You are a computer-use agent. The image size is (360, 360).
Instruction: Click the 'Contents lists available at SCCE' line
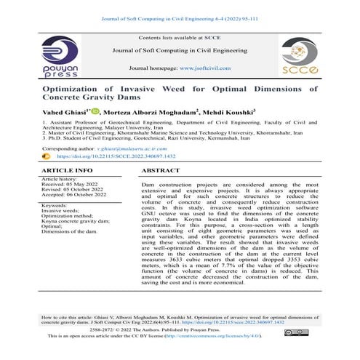pyautogui.click(x=180, y=36)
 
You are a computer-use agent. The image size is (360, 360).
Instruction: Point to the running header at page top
pyautogui.click(x=180, y=8)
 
